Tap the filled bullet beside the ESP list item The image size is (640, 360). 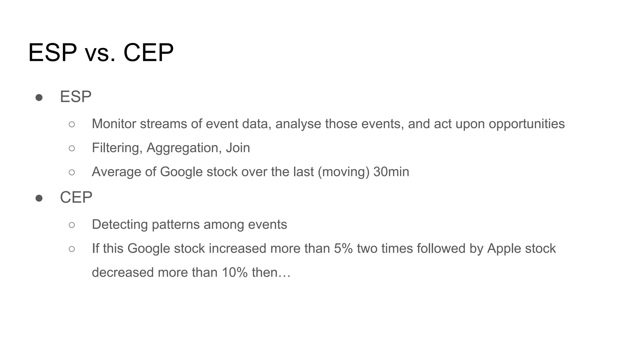tap(39, 97)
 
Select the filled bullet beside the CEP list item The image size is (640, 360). tap(39, 198)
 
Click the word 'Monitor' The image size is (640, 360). tap(114, 124)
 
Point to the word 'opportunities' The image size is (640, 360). tap(527, 124)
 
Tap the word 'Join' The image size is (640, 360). tap(238, 148)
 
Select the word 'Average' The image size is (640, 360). tap(117, 172)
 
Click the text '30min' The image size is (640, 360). tap(391, 172)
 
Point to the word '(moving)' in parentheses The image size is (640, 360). tap(343, 172)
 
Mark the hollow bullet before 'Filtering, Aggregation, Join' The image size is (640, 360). tap(72, 148)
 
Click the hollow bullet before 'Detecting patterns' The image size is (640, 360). tap(72, 225)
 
